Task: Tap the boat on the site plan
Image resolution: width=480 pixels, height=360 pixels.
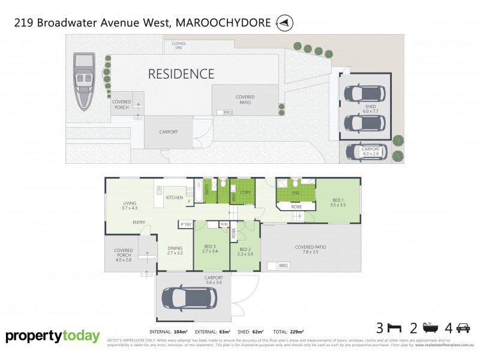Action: click(83, 82)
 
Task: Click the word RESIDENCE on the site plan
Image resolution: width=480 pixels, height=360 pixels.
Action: click(181, 74)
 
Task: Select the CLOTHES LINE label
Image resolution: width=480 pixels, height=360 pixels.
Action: click(178, 45)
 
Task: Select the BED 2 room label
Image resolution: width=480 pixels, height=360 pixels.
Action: click(245, 252)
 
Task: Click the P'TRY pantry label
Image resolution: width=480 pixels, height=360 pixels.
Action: click(185, 224)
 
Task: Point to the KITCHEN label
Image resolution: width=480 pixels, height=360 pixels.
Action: click(174, 197)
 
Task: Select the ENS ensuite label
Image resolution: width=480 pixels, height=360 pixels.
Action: click(295, 193)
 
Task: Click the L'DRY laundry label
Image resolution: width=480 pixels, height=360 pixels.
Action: click(245, 191)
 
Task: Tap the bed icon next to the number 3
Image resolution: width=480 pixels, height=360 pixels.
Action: click(394, 328)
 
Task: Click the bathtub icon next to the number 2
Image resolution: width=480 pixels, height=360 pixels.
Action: click(428, 328)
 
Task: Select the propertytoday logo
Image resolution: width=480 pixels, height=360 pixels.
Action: click(53, 337)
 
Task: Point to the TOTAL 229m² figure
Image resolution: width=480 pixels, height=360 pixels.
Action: click(289, 331)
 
